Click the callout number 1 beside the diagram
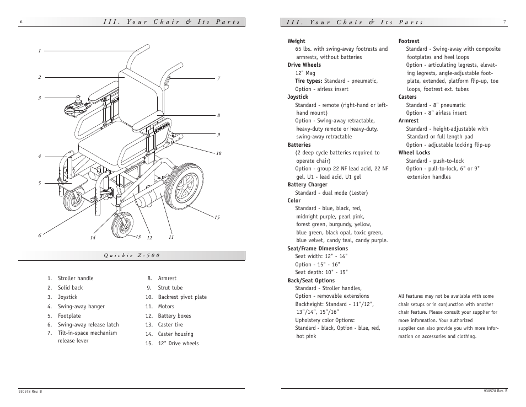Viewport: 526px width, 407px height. (40, 51)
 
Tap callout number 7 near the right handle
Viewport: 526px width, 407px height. (218, 79)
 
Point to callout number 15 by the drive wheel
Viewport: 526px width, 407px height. (217, 217)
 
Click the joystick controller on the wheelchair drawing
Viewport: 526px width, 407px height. (75, 106)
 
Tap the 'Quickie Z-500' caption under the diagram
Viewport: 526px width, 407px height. (132, 255)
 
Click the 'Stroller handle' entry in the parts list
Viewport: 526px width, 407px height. (76, 279)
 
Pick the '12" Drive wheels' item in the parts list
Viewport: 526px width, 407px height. (178, 344)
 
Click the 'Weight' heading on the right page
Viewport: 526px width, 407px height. (296, 41)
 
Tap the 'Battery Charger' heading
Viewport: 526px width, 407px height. (307, 185)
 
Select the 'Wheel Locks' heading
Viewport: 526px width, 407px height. (414, 153)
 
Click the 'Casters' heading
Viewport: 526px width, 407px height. (407, 97)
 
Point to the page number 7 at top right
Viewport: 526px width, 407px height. (504, 23)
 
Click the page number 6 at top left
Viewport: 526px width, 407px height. (21, 23)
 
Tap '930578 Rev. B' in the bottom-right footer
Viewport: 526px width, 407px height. (495, 391)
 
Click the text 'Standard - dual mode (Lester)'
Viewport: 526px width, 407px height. (331, 193)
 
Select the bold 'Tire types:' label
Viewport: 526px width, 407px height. (309, 81)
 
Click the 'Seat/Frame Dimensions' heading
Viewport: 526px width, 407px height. (317, 249)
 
